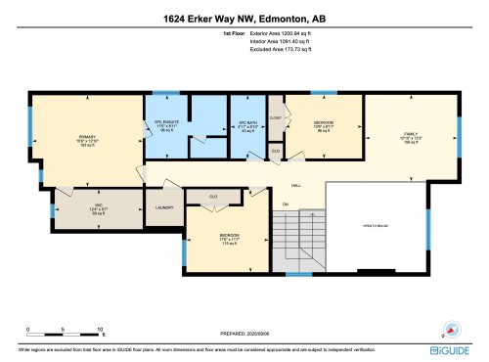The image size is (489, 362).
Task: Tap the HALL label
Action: pos(294,185)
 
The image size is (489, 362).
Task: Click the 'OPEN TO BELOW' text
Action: pos(378,224)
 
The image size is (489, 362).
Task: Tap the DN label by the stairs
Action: pos(287,204)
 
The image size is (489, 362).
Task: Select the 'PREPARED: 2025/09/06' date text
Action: pos(244,334)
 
